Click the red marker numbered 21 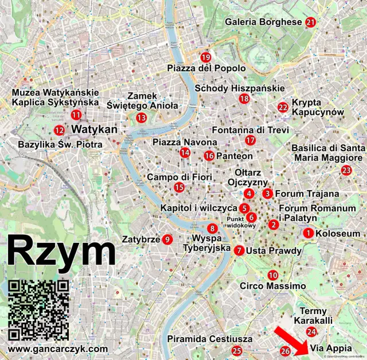[311, 22]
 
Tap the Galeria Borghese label [263, 22]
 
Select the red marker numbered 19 [206, 57]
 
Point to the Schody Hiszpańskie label [240, 88]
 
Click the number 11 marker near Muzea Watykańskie [76, 115]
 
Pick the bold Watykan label [94, 130]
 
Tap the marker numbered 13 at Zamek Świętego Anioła [142, 118]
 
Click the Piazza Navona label [185, 142]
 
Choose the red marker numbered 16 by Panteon [209, 156]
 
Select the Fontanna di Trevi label [251, 130]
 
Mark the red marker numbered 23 [346, 170]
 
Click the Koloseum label [338, 234]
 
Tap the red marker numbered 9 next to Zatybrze [167, 239]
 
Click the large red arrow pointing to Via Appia [288, 339]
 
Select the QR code [39, 309]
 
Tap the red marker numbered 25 [236, 351]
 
